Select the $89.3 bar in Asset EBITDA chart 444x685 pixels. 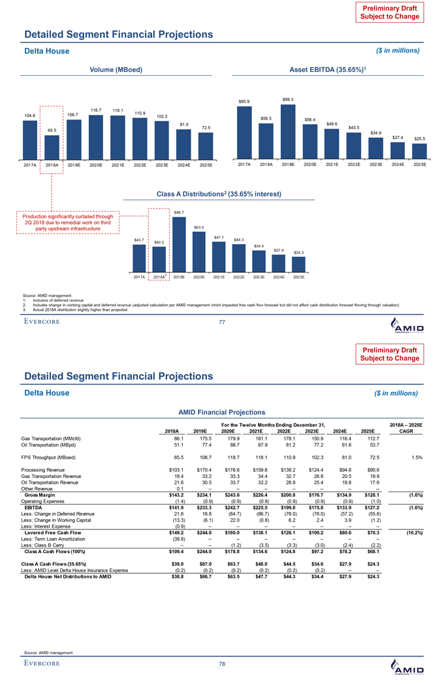tap(287, 131)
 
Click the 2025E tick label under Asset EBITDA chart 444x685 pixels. tap(418, 165)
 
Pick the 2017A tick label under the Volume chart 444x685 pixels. tap(29, 165)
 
